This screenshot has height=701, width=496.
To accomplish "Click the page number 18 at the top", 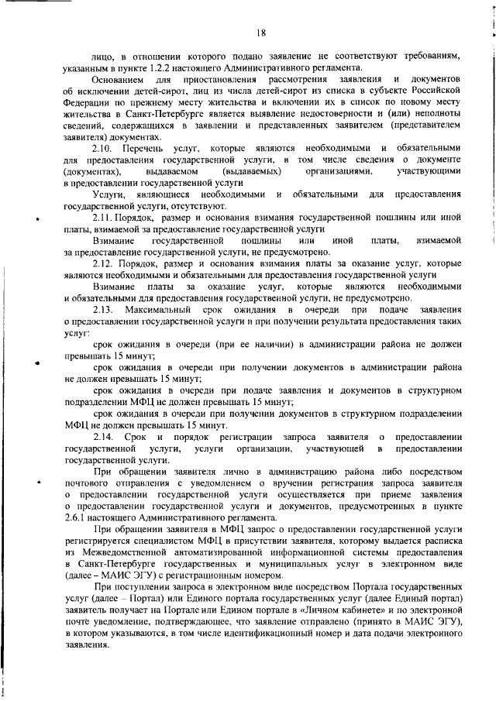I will point(261,32).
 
